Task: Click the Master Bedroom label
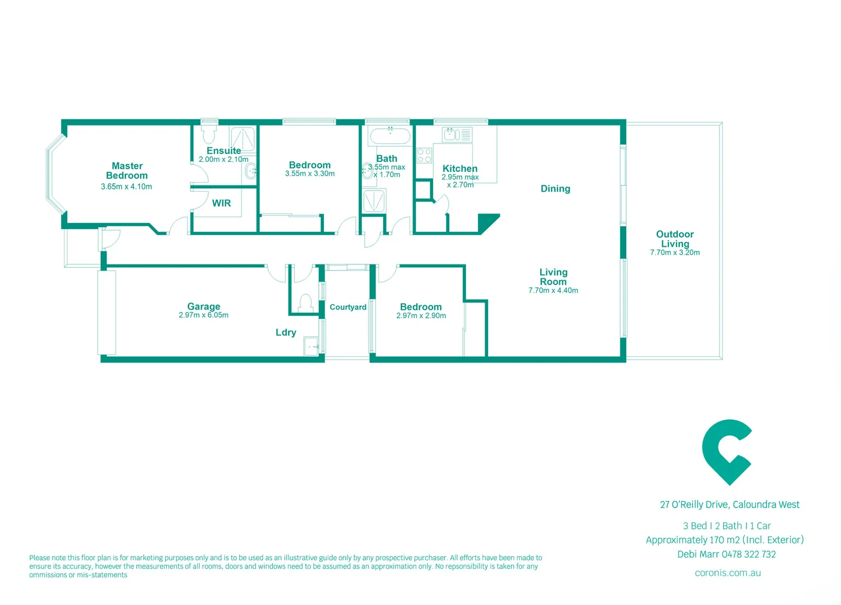click(127, 171)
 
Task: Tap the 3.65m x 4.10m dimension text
click(126, 187)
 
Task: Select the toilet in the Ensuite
click(209, 134)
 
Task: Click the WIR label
click(221, 203)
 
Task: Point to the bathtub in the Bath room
click(390, 136)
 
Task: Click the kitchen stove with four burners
click(424, 155)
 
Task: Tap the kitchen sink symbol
click(452, 134)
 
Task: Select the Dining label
click(555, 189)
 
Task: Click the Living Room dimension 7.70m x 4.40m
click(553, 290)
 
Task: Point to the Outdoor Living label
click(675, 239)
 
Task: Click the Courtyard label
click(348, 307)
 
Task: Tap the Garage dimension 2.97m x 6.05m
click(203, 315)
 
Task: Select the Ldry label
click(286, 333)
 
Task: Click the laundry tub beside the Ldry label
click(311, 346)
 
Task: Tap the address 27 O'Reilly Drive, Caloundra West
click(730, 505)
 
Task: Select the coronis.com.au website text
click(728, 573)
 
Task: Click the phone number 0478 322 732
click(749, 555)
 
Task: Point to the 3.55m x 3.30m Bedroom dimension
click(310, 174)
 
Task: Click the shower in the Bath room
click(374, 201)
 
